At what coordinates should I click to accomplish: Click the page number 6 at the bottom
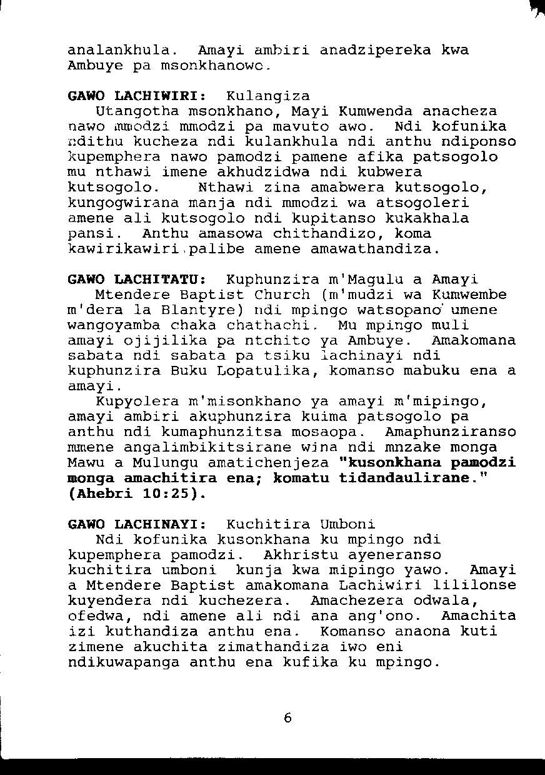pyautogui.click(x=287, y=718)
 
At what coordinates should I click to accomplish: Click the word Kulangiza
pyautogui.click(x=268, y=96)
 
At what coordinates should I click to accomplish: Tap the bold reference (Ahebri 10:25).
pyautogui.click(x=136, y=494)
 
